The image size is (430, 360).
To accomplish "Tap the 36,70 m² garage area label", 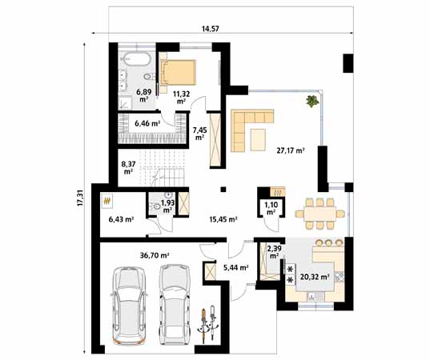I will click(154, 256).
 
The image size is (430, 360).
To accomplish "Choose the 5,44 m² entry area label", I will click(235, 268).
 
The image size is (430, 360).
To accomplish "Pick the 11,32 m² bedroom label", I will click(182, 97).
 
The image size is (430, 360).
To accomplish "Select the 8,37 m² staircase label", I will click(128, 167).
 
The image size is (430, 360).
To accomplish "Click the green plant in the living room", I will click(310, 101).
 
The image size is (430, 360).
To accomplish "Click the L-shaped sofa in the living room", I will click(249, 127).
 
